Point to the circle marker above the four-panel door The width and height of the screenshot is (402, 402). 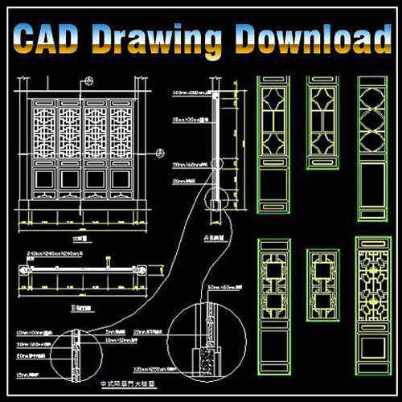pyautogui.click(x=88, y=80)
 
